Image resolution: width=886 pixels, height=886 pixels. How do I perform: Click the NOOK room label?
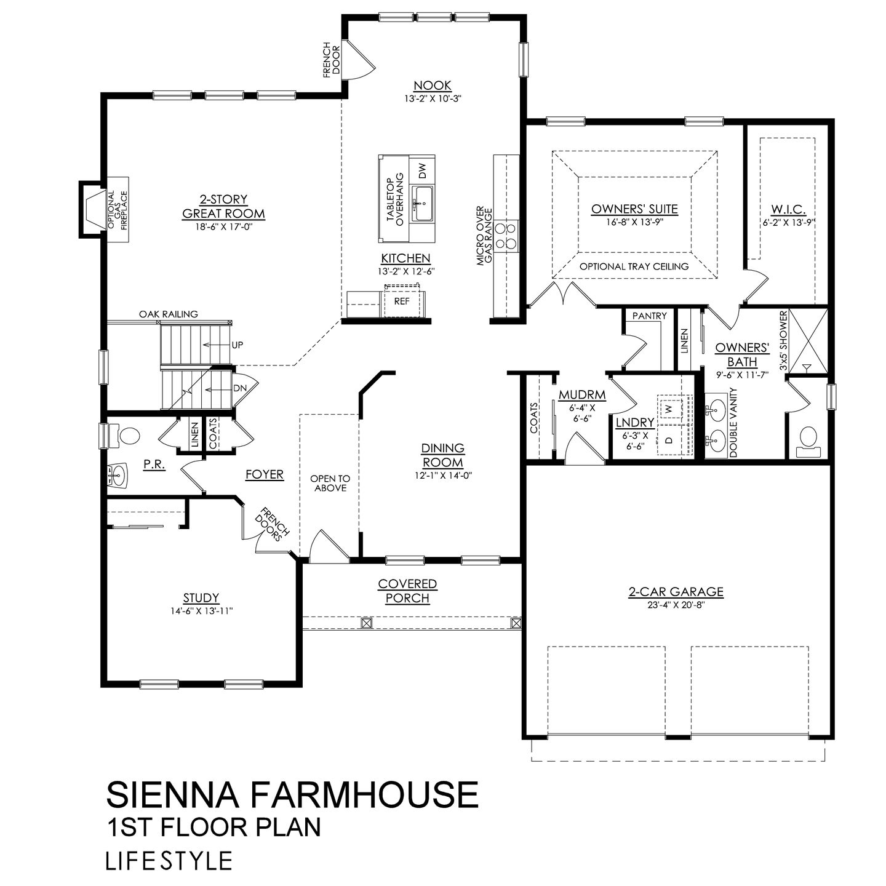click(x=432, y=86)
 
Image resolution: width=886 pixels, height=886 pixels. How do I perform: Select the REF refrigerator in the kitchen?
click(x=402, y=301)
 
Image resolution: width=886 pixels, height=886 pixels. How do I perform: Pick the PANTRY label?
click(x=649, y=316)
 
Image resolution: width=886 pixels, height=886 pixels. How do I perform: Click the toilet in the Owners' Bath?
click(x=807, y=439)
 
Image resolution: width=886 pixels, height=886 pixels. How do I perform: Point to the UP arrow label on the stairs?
click(x=237, y=345)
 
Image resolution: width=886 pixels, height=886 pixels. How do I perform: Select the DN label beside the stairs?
click(x=239, y=389)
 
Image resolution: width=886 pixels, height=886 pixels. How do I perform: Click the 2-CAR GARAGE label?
click(x=676, y=592)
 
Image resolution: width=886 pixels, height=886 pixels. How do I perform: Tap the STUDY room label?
click(x=201, y=597)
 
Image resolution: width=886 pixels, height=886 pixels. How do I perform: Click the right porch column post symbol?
click(x=516, y=623)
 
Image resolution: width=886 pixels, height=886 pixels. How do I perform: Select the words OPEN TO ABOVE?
click(x=330, y=483)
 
